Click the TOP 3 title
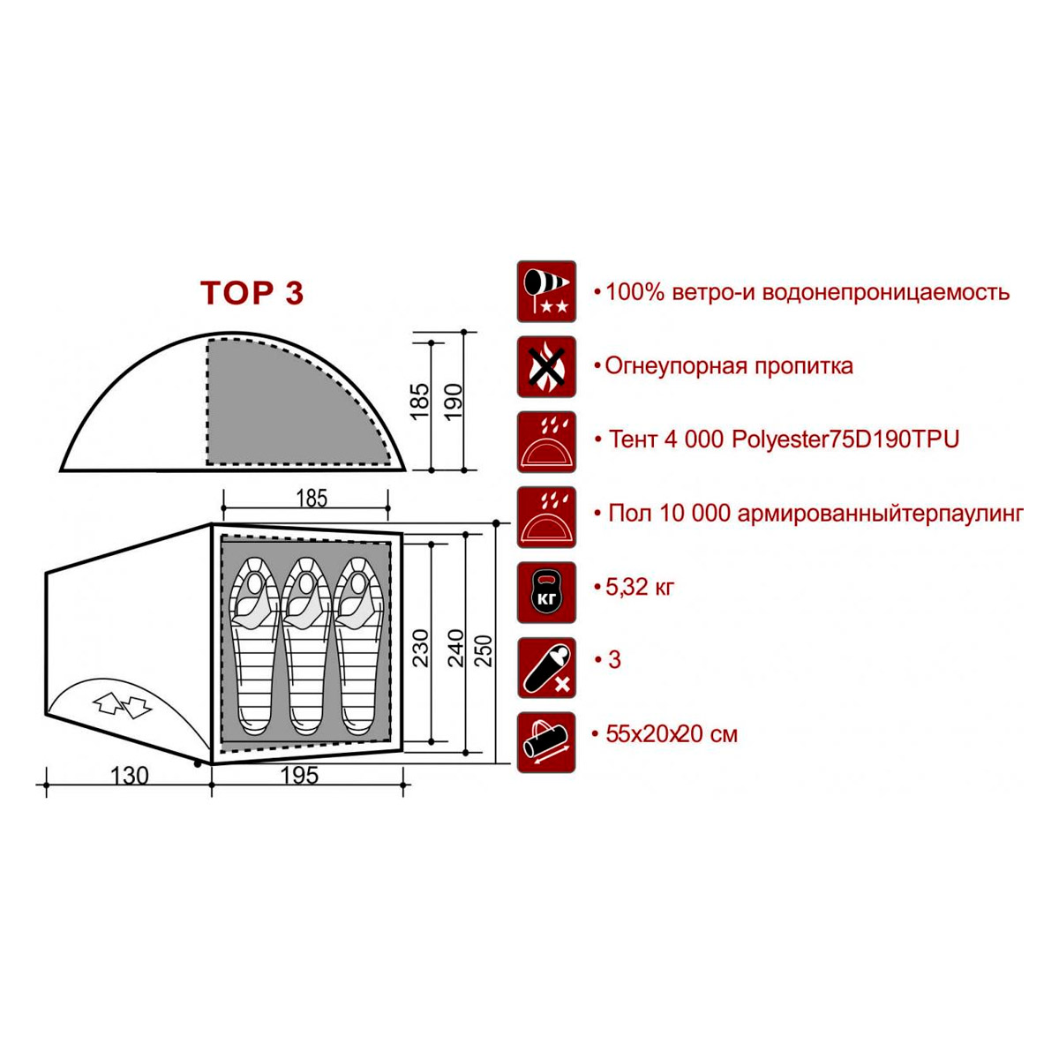pyautogui.click(x=252, y=292)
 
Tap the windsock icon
pyautogui.click(x=546, y=291)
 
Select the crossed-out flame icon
pyautogui.click(x=546, y=366)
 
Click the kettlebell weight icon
pyautogui.click(x=546, y=592)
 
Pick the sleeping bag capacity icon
pyautogui.click(x=546, y=668)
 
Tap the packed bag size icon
pyautogui.click(x=546, y=742)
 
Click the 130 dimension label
pyautogui.click(x=130, y=776)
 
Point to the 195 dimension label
pyautogui.click(x=299, y=776)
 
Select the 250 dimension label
pyautogui.click(x=484, y=650)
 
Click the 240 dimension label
pyautogui.click(x=456, y=649)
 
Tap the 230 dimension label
pyautogui.click(x=420, y=649)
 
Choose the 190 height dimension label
pyautogui.click(x=454, y=402)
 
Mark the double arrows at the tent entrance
pyautogui.click(x=122, y=705)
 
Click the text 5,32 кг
pyautogui.click(x=640, y=587)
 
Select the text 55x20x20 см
pyautogui.click(x=672, y=734)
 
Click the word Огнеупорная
pyautogui.click(x=675, y=366)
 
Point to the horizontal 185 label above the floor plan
pyautogui.click(x=312, y=498)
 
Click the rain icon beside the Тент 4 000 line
pyautogui.click(x=546, y=442)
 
